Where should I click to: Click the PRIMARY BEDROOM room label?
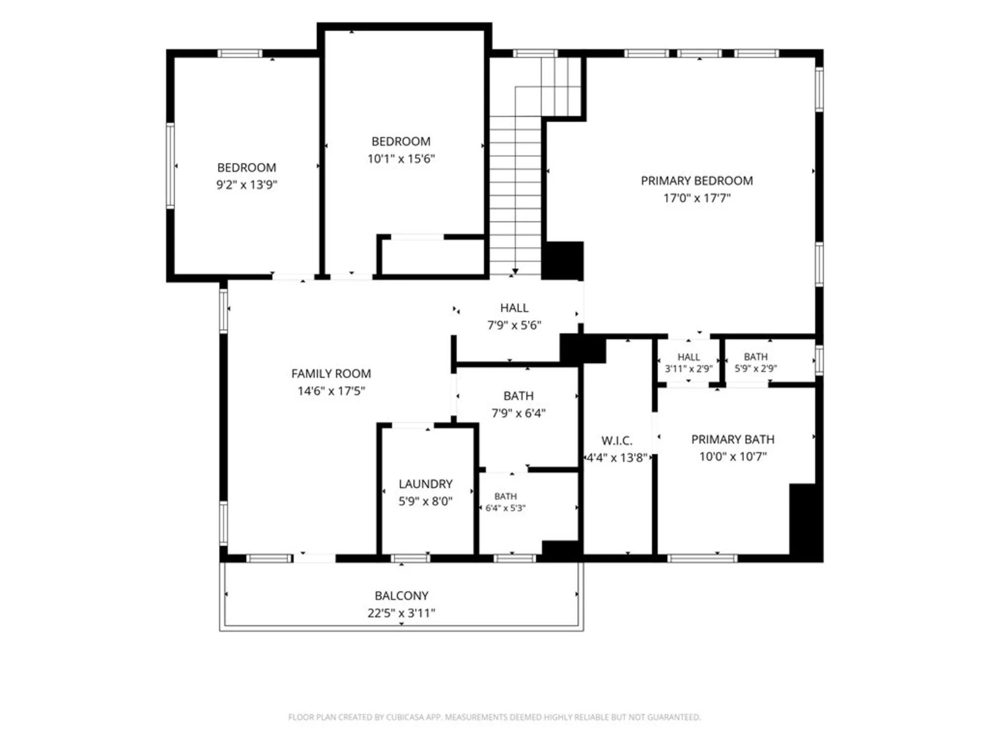[697, 181]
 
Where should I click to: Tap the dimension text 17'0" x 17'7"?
[697, 198]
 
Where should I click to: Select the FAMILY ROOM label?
[331, 374]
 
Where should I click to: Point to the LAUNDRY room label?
[426, 484]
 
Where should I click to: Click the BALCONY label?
[402, 596]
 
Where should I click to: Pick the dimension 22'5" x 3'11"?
[402, 613]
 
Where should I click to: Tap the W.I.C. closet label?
[617, 441]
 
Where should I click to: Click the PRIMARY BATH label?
[733, 439]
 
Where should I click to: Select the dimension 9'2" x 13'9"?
[247, 185]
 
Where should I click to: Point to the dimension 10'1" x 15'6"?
[401, 159]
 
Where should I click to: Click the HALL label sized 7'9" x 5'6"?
[514, 308]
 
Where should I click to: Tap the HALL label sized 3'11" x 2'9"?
[688, 357]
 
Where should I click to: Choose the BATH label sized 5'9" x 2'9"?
[756, 357]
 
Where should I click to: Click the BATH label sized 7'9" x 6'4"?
[518, 396]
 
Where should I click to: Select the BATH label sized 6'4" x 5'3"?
[505, 496]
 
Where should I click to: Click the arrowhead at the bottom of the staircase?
[515, 272]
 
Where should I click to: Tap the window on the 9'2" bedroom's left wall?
[170, 165]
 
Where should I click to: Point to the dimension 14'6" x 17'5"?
[331, 391]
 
